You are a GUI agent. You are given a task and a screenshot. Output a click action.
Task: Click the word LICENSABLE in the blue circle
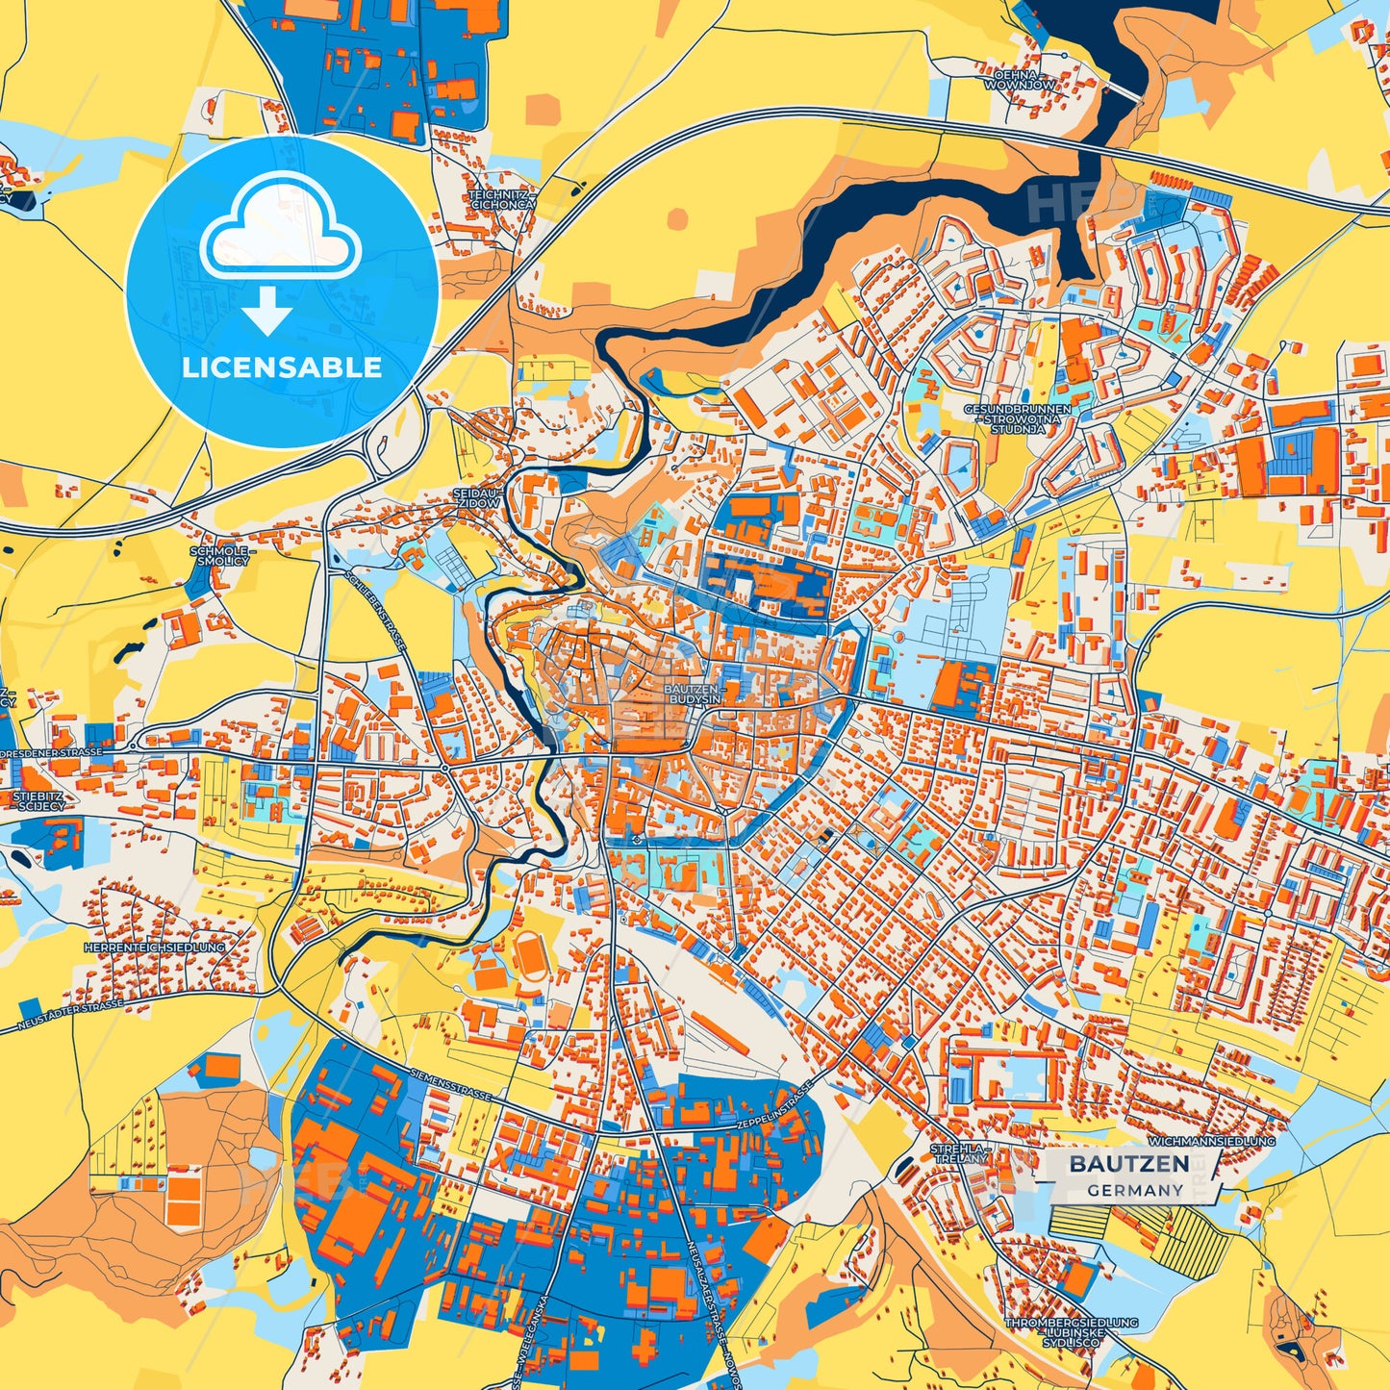pos(282,367)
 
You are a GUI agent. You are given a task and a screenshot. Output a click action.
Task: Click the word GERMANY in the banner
pos(1135,1190)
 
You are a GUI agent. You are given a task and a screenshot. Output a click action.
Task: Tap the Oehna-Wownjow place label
pos(1018,79)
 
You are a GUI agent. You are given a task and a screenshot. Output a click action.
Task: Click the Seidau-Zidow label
pos(477,497)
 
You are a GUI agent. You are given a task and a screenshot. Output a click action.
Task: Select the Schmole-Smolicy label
pos(219,555)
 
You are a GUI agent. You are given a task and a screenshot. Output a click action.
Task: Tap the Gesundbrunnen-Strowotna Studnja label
pos(1017,418)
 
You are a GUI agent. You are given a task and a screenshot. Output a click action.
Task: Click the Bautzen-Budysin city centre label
pos(691,695)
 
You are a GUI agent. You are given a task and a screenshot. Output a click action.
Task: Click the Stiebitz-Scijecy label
pos(40,800)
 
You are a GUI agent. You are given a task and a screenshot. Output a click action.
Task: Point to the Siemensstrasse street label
pos(450,1083)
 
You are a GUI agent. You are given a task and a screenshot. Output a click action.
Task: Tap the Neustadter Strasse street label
pos(71,1017)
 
